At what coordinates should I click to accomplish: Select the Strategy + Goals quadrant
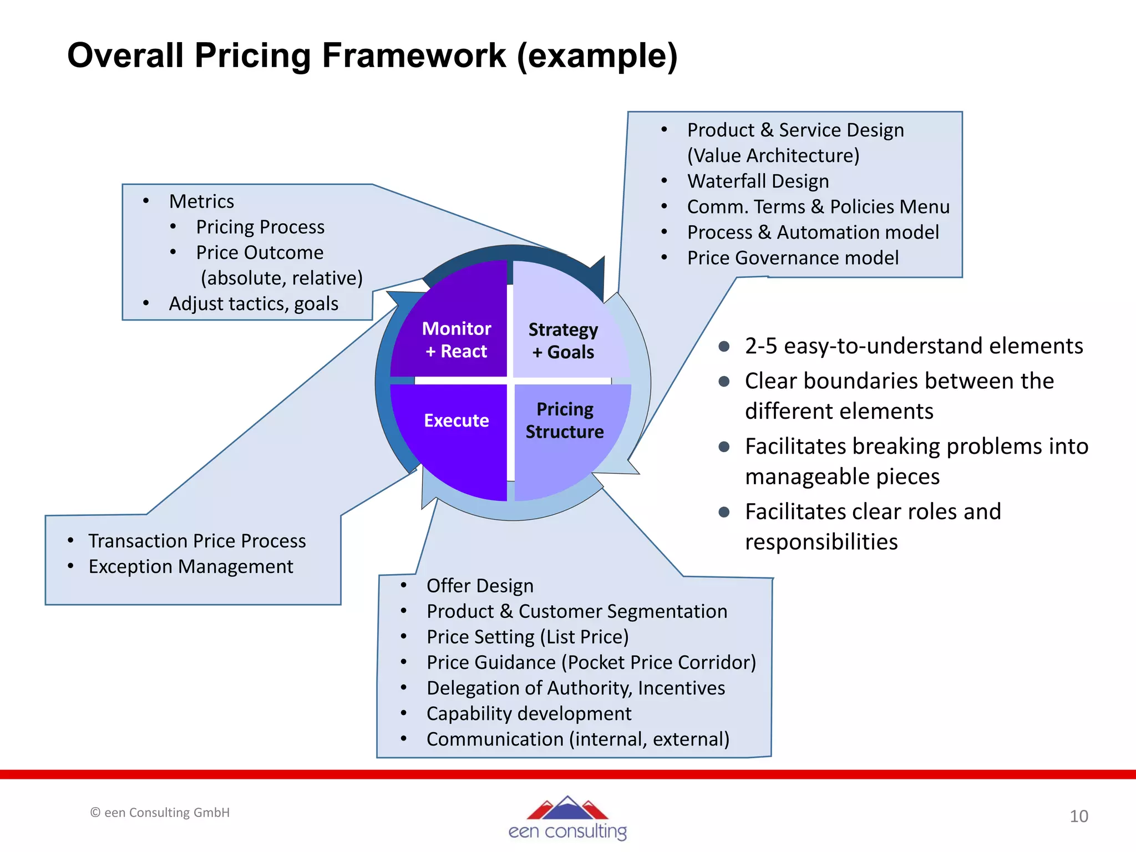point(566,327)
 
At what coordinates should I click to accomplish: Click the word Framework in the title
point(413,55)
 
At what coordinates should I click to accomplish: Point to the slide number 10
point(1078,816)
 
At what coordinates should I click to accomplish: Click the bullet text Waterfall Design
point(758,181)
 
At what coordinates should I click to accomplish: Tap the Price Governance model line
point(793,258)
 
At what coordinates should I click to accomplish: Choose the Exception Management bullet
point(191,566)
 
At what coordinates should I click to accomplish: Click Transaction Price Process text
point(197,541)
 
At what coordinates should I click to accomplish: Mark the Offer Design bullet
point(480,586)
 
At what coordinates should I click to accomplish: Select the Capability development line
point(529,713)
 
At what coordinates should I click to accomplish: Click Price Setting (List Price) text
point(528,637)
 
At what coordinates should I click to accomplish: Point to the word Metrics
point(201,201)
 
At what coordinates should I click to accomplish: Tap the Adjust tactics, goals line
point(253,304)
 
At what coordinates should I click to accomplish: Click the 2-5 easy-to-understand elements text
point(914,346)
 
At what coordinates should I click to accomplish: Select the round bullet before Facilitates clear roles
point(724,512)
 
